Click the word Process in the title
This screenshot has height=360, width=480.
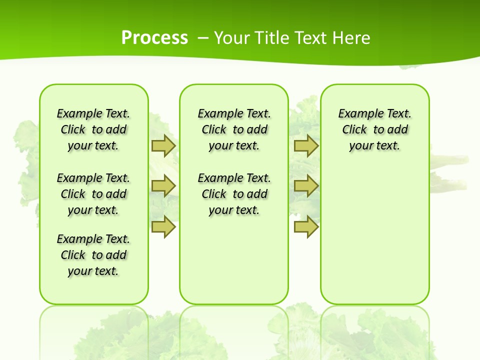click(x=154, y=37)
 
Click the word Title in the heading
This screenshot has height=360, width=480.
click(x=272, y=37)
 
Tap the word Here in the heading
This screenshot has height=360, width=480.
click(x=352, y=37)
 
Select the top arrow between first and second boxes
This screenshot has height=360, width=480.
click(x=163, y=145)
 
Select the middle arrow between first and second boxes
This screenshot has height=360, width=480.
click(x=163, y=186)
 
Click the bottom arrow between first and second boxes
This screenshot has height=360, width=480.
click(x=163, y=226)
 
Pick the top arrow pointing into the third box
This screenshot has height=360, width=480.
click(x=306, y=145)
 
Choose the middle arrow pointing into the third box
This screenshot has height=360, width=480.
click(x=306, y=186)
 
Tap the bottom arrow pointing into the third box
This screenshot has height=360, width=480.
click(x=306, y=226)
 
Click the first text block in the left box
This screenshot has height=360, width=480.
click(x=93, y=129)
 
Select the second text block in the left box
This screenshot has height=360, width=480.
click(x=93, y=194)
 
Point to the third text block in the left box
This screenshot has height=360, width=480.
click(x=93, y=255)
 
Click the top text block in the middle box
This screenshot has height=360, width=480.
click(x=234, y=129)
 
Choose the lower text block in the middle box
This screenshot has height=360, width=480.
click(x=234, y=194)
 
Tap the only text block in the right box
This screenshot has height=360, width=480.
click(x=375, y=129)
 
